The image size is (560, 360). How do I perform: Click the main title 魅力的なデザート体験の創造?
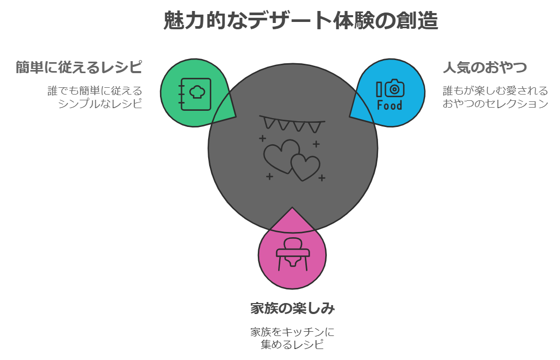click(x=300, y=21)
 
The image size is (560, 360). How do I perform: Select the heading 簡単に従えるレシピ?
click(x=79, y=68)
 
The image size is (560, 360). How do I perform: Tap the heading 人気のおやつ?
click(x=484, y=68)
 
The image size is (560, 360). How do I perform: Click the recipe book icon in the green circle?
click(x=195, y=94)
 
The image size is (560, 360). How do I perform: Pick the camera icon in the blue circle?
click(x=395, y=88)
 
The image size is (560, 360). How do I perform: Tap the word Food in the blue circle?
click(x=390, y=106)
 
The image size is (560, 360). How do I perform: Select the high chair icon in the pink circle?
click(x=292, y=254)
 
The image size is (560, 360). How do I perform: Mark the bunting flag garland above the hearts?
click(x=292, y=123)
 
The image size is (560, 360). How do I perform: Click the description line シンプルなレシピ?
click(x=100, y=103)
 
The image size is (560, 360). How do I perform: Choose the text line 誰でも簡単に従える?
click(x=95, y=91)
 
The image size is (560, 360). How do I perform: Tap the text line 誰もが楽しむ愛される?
click(x=495, y=91)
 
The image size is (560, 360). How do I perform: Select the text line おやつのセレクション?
click(x=495, y=103)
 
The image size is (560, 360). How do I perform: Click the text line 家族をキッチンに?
click(x=292, y=332)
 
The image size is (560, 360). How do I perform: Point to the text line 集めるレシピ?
click(x=292, y=344)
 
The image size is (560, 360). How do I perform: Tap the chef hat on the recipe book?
click(x=197, y=92)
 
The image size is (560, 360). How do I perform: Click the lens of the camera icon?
click(x=395, y=89)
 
